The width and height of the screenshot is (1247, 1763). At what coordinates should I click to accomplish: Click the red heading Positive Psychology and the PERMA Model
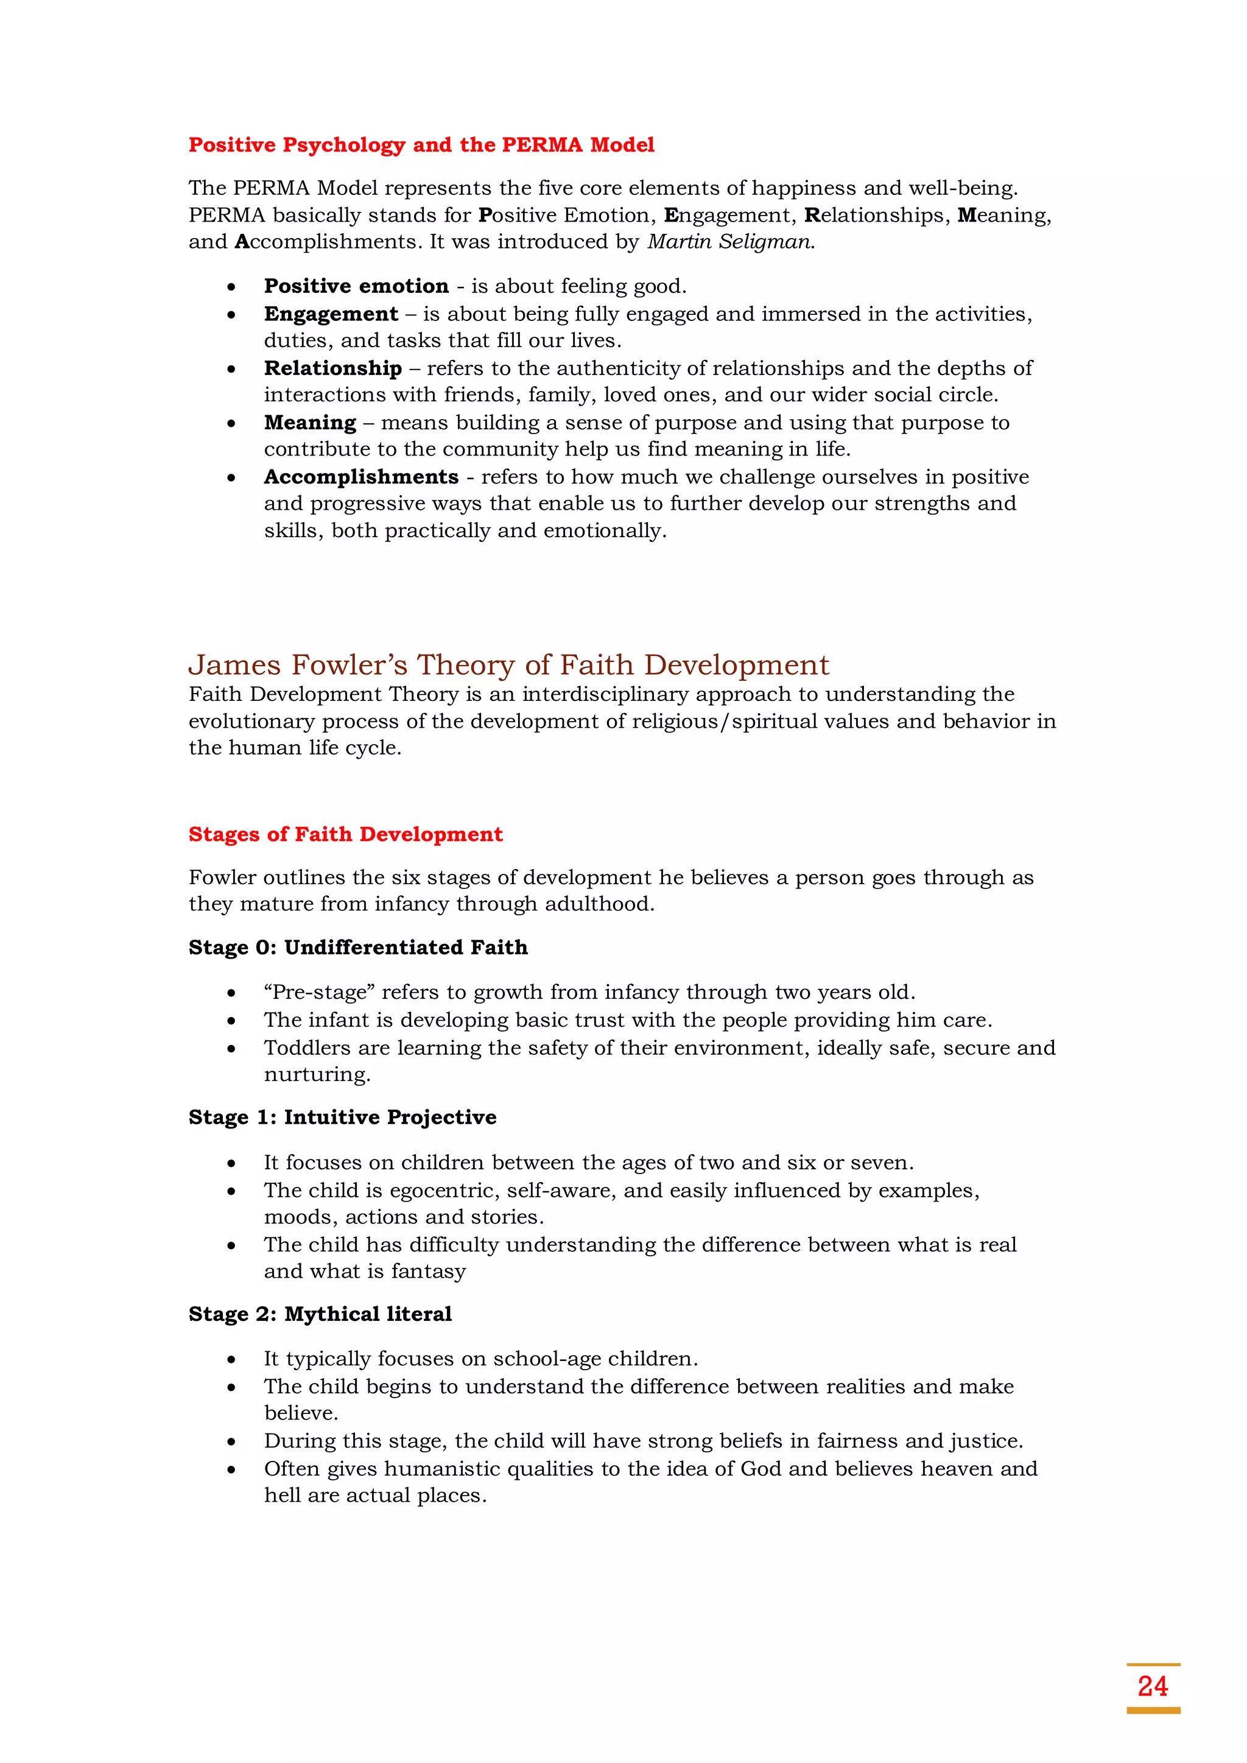pyautogui.click(x=421, y=145)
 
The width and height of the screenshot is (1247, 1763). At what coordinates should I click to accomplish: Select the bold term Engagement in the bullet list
pyautogui.click(x=331, y=314)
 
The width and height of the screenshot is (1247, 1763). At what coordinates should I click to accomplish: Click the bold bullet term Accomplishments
pyautogui.click(x=361, y=477)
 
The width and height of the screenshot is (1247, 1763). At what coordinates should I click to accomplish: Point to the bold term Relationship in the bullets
pyautogui.click(x=332, y=368)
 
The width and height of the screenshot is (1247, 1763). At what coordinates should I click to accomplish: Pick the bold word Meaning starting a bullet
pyautogui.click(x=309, y=423)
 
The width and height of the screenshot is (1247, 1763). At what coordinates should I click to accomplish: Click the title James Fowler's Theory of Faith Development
pyautogui.click(x=508, y=665)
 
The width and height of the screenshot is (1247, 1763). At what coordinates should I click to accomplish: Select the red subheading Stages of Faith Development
pyautogui.click(x=345, y=835)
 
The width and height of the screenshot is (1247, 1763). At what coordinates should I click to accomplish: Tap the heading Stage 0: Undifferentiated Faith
pyautogui.click(x=358, y=948)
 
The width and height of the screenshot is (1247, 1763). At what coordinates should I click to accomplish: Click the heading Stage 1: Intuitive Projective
pyautogui.click(x=342, y=1117)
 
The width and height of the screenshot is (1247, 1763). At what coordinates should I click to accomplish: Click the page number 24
pyautogui.click(x=1153, y=1686)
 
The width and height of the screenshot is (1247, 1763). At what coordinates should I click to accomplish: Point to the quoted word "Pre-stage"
pyautogui.click(x=318, y=992)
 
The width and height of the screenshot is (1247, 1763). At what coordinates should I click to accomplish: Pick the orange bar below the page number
pyautogui.click(x=1153, y=1711)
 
